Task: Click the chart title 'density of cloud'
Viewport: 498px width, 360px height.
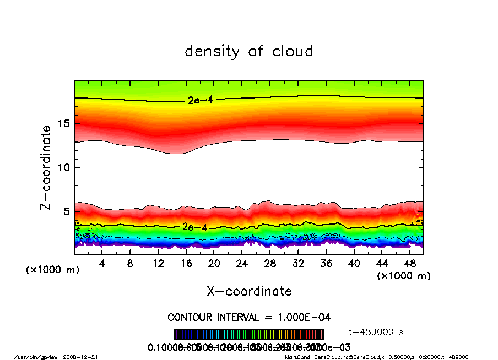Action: (248, 52)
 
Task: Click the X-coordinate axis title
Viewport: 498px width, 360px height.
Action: (249, 291)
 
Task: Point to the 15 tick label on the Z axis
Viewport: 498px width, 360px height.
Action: (64, 123)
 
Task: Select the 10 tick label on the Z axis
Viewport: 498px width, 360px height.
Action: (64, 167)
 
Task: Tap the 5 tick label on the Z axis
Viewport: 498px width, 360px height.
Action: (67, 211)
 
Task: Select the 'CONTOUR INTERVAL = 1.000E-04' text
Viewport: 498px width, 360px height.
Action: (249, 318)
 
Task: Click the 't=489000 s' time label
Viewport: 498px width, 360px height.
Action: (377, 332)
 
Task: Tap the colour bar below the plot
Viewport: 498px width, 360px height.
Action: (249, 335)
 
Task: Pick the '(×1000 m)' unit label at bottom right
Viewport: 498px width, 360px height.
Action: (403, 275)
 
